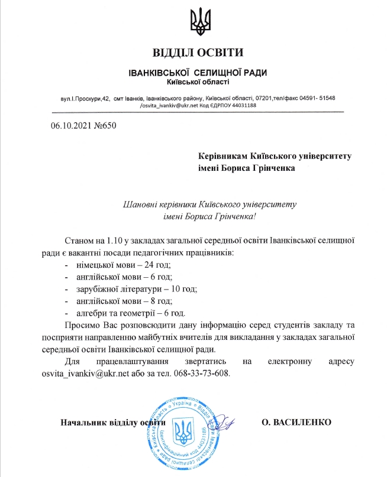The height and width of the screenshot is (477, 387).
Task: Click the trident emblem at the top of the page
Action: [x=197, y=21]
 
